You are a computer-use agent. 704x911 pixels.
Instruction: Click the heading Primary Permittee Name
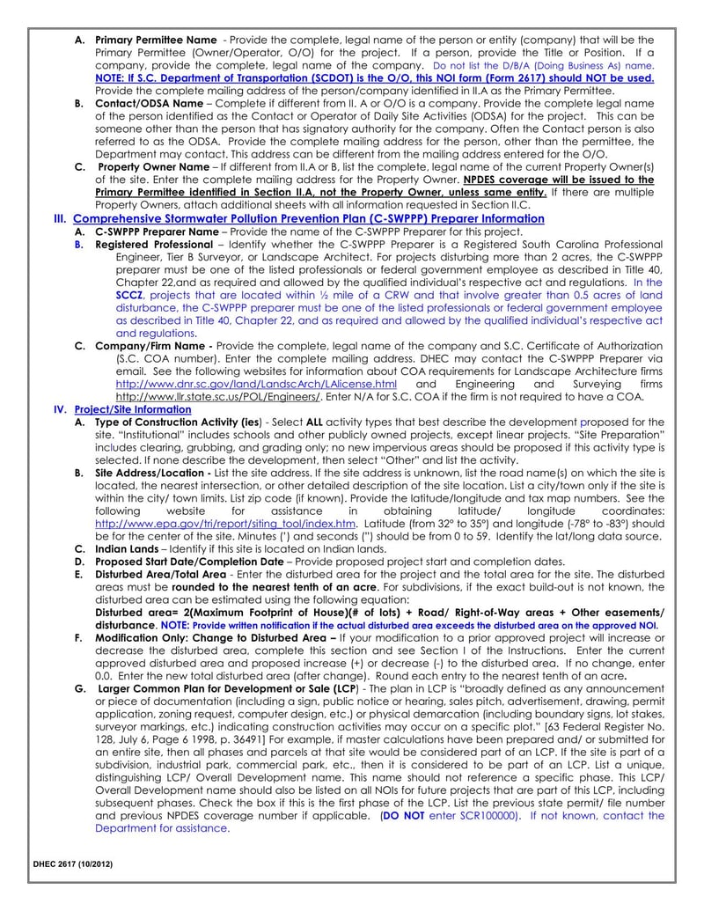pos(155,40)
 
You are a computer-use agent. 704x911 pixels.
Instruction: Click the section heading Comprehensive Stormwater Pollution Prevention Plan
pos(308,218)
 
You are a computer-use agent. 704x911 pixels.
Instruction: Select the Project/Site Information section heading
pos(133,409)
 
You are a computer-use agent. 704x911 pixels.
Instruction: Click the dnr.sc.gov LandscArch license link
pos(256,385)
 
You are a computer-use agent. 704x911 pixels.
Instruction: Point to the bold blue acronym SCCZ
pos(128,295)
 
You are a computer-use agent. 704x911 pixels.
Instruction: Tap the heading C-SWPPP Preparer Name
pos(156,231)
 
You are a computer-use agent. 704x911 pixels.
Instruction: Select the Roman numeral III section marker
pos(60,218)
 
